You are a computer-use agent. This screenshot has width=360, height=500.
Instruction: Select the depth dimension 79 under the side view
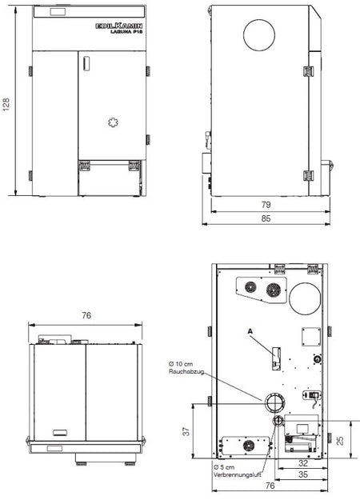tap(265, 204)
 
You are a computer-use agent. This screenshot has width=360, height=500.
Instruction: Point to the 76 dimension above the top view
tap(86, 316)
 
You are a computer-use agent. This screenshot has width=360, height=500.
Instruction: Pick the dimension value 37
tap(185, 433)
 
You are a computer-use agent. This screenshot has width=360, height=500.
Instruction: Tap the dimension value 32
tap(302, 462)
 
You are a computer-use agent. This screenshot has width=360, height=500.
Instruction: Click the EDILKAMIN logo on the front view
tap(118, 26)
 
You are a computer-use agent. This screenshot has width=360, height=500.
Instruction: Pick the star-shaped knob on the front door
tap(112, 122)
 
